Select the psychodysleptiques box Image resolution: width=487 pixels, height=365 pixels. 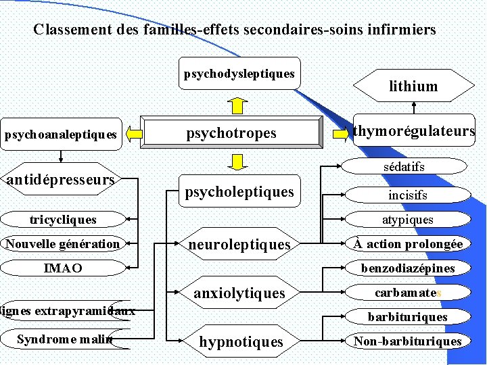(x=239, y=73)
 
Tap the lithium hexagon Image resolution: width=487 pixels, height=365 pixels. (x=413, y=86)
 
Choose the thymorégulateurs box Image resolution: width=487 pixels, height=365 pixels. (x=413, y=130)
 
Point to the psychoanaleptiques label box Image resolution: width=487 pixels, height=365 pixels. (x=61, y=135)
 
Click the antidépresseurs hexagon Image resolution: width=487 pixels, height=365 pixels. (x=60, y=180)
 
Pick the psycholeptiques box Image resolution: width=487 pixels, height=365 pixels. (x=239, y=192)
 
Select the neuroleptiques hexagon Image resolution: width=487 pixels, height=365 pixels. (x=239, y=244)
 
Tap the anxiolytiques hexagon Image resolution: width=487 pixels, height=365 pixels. (x=239, y=293)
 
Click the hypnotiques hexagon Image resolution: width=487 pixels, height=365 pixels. (x=240, y=341)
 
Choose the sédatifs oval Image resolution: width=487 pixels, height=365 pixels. (x=404, y=166)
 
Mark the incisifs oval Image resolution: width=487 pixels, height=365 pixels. (x=407, y=195)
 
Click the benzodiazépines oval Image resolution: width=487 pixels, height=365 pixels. (x=407, y=268)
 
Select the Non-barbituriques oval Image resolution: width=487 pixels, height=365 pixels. (x=407, y=341)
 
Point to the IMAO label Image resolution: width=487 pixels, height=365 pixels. (x=63, y=268)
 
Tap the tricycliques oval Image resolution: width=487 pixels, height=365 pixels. (x=63, y=220)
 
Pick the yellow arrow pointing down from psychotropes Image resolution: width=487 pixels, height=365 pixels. (x=237, y=162)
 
